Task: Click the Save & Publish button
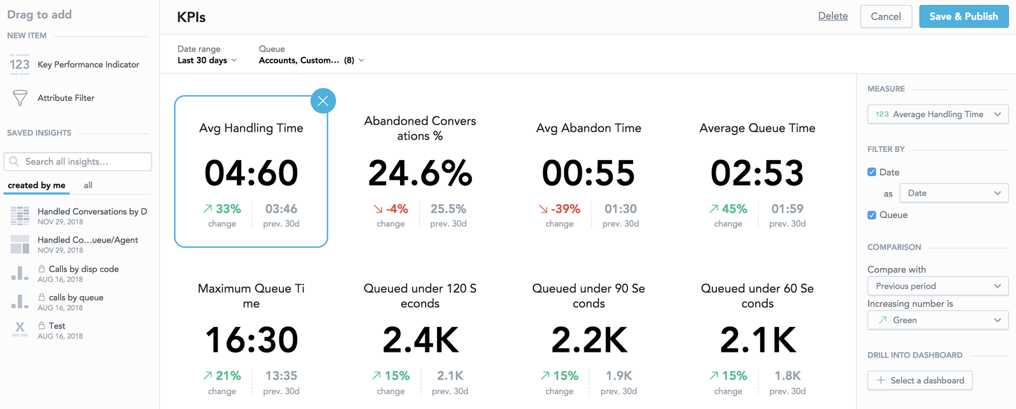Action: [x=963, y=17]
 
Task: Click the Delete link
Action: [x=832, y=16]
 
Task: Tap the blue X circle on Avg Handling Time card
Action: [x=323, y=101]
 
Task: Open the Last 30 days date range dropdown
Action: [x=207, y=60]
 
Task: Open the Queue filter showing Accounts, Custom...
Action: [x=311, y=60]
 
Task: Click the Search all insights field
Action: [x=78, y=162]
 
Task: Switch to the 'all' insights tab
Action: [x=88, y=185]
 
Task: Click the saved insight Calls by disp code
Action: [x=83, y=269]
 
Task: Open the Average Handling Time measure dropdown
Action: [x=937, y=114]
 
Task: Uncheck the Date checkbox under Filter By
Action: [x=872, y=172]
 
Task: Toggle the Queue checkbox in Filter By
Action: [x=872, y=215]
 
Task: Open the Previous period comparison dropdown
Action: [x=937, y=286]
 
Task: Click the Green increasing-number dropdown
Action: [x=937, y=320]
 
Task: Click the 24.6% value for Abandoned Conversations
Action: [x=420, y=173]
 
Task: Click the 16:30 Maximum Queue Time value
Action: [x=251, y=340]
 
